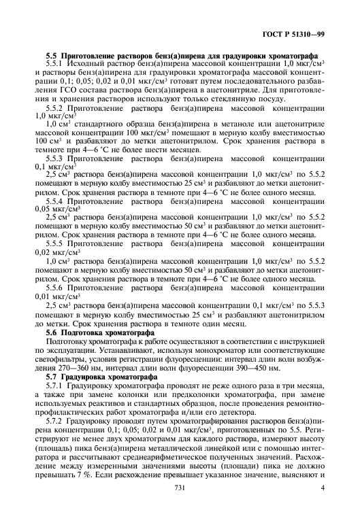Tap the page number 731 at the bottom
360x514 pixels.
tap(180, 488)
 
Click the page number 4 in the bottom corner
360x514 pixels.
tap(322, 488)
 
